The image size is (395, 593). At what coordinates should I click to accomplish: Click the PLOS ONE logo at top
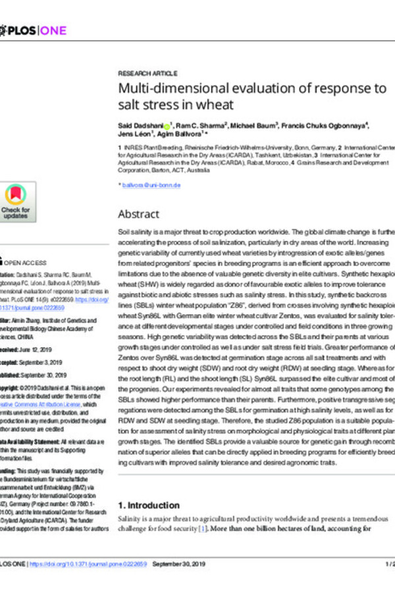pyautogui.click(x=32, y=30)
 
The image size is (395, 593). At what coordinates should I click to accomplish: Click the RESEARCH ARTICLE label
pyautogui.click(x=147, y=73)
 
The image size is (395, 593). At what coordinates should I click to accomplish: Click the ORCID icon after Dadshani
pyautogui.click(x=167, y=124)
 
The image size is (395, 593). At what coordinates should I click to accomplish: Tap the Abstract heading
pyautogui.click(x=138, y=214)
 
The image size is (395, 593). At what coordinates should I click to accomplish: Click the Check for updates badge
pyautogui.click(x=16, y=202)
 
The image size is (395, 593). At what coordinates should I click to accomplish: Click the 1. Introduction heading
pyautogui.click(x=148, y=505)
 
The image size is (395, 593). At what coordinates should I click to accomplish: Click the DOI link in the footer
pyautogui.click(x=92, y=565)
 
